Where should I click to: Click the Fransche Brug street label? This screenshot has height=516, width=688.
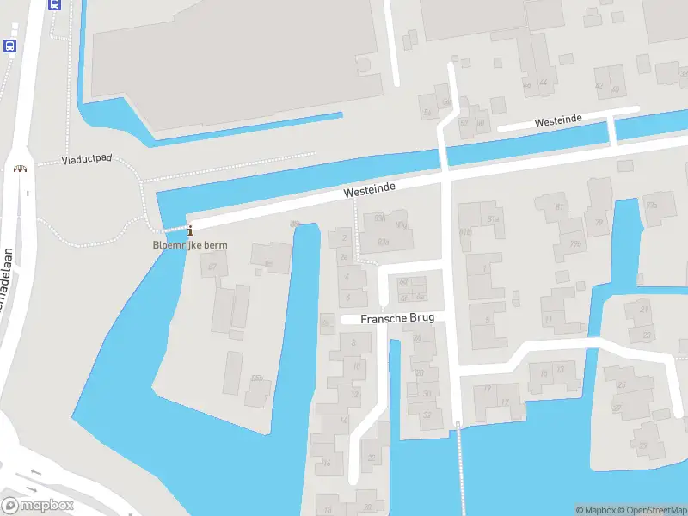[397, 317]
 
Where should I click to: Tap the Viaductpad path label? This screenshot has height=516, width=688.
[87, 160]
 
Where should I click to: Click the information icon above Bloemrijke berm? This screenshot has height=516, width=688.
[190, 230]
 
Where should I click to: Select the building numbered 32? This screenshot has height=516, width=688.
[427, 415]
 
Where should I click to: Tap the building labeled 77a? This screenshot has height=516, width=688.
[651, 206]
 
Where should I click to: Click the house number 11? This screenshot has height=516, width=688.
[548, 320]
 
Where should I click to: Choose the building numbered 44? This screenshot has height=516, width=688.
[543, 83]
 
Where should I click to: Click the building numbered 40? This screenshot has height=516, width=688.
[614, 89]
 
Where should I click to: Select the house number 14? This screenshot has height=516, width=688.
[342, 421]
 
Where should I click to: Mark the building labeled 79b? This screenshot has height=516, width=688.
[574, 243]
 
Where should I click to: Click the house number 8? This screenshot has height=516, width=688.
[353, 341]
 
